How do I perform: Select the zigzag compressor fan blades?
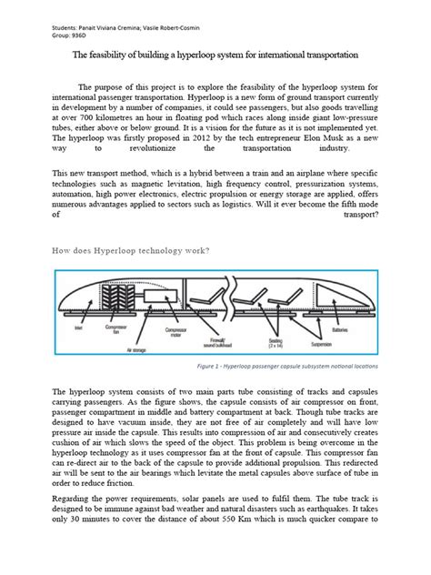coord(119,296)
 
